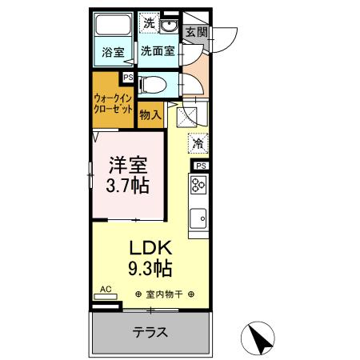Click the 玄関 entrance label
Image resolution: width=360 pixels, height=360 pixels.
(x=196, y=33)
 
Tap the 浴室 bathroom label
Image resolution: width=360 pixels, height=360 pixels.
(x=112, y=54)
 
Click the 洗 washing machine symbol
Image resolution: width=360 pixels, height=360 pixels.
(x=150, y=23)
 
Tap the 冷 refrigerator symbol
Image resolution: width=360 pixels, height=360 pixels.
(x=198, y=145)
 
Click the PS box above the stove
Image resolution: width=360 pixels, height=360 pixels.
(x=200, y=166)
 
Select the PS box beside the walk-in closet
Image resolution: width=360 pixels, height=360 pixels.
(x=127, y=78)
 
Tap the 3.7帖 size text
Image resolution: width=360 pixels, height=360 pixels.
(x=126, y=187)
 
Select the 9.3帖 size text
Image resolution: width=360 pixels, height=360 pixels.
(x=150, y=267)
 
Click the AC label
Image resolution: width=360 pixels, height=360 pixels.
(x=105, y=290)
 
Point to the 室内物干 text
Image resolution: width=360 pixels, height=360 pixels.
(x=164, y=294)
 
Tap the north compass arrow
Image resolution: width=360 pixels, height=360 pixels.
(x=261, y=338)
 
